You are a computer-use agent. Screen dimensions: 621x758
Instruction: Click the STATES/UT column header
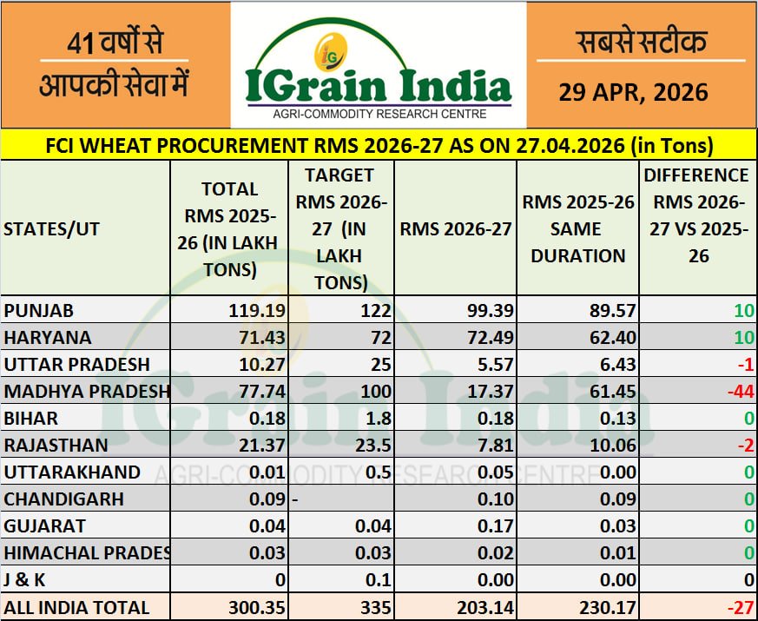pyautogui.click(x=52, y=229)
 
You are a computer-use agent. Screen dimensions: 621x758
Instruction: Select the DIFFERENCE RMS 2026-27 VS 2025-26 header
pyautogui.click(x=695, y=215)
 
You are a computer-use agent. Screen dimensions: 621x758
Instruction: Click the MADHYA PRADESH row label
pyautogui.click(x=86, y=392)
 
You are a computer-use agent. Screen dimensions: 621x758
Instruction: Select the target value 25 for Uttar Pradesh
pyautogui.click(x=374, y=364)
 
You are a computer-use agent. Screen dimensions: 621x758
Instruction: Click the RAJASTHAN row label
pyautogui.click(x=56, y=446)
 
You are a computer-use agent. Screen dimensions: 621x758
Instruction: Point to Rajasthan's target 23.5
pyautogui.click(x=368, y=446)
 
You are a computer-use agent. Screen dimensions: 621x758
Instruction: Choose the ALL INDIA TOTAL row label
pyautogui.click(x=76, y=607)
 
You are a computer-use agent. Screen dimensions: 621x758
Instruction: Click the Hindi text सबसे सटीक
pyautogui.click(x=641, y=41)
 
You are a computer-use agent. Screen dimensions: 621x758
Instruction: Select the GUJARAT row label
pyautogui.click(x=45, y=526)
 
